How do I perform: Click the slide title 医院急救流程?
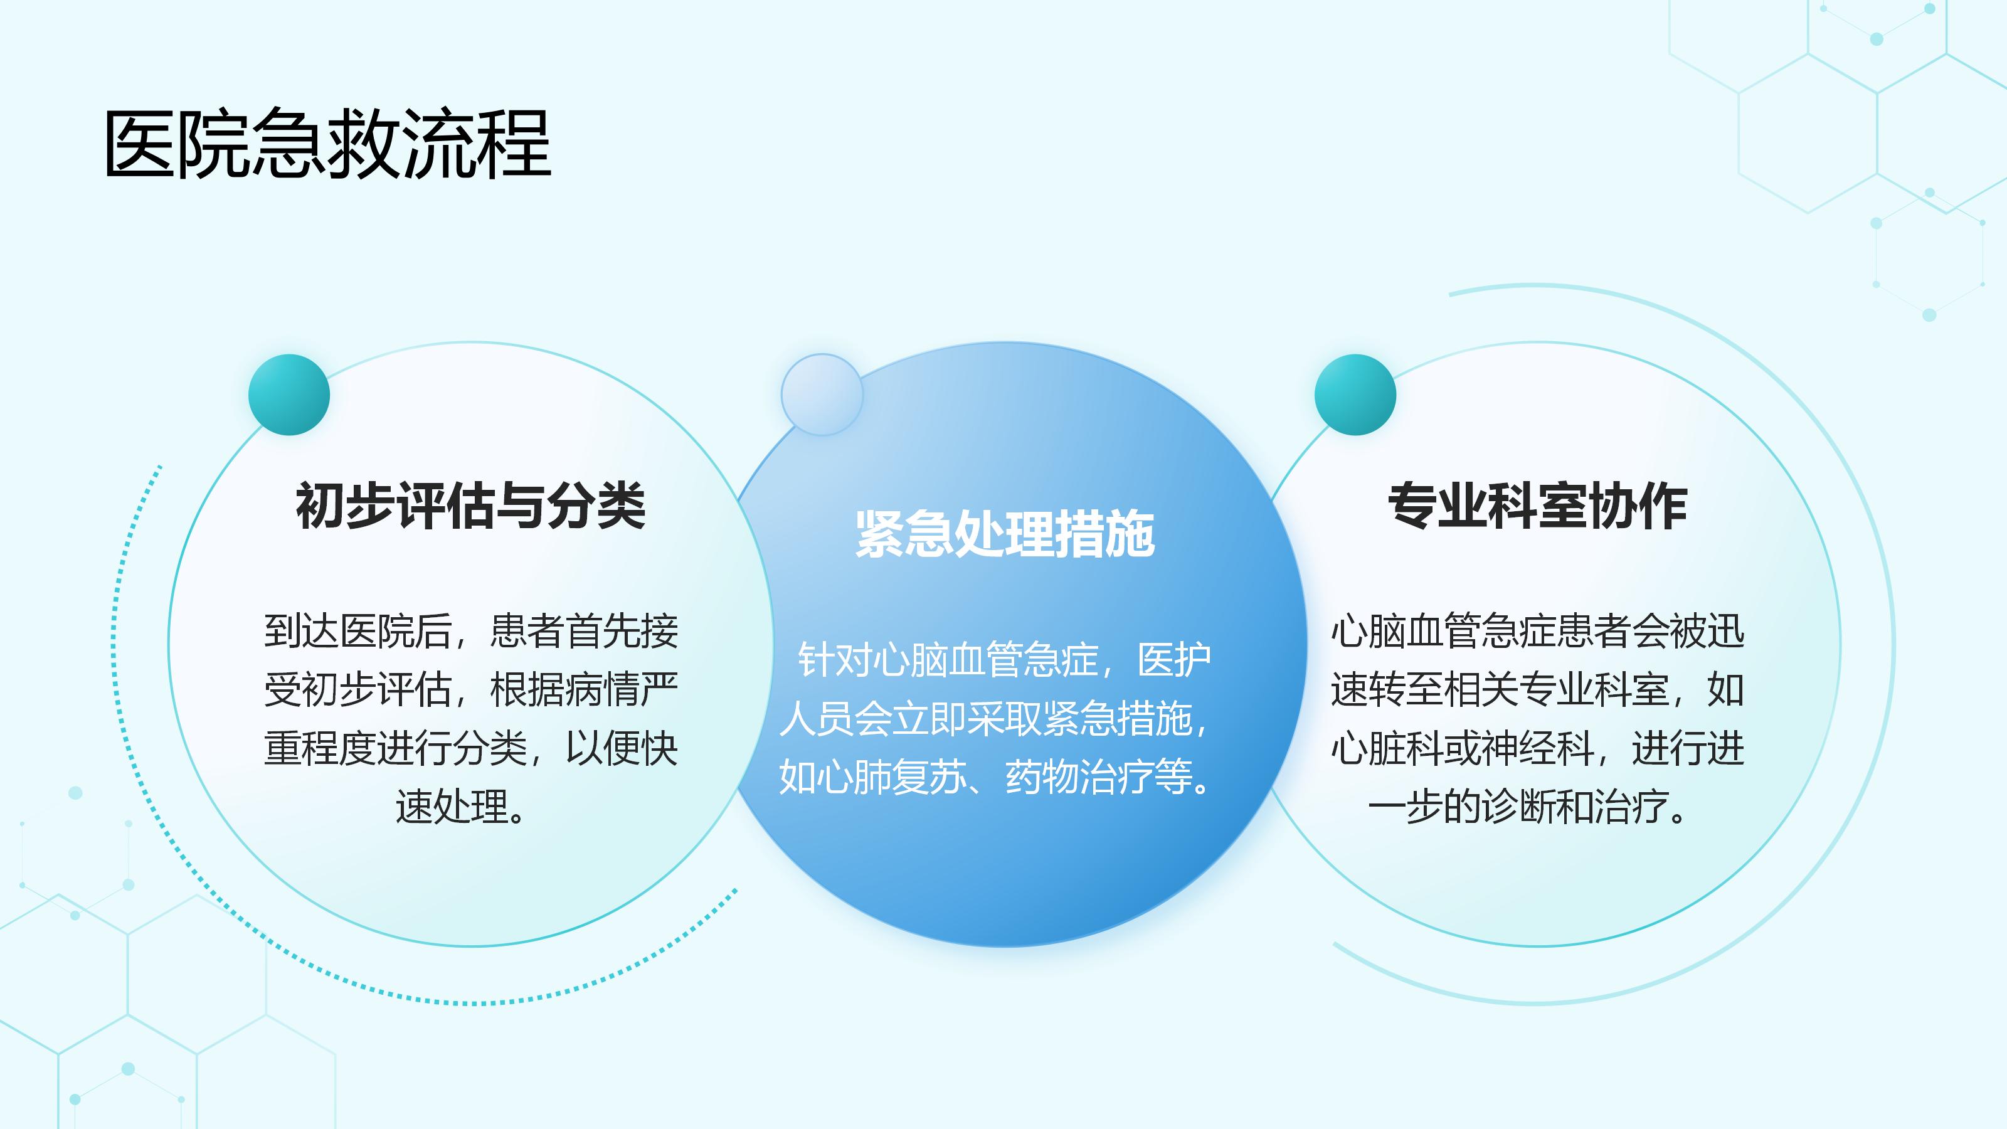click(327, 144)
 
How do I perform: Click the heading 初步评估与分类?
click(470, 506)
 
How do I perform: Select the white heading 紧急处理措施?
click(1005, 534)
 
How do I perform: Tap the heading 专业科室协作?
click(1538, 506)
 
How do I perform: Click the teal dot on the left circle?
click(289, 395)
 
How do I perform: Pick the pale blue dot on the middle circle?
click(822, 395)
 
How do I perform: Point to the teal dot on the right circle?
click(1355, 395)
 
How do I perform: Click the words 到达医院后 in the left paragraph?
click(357, 631)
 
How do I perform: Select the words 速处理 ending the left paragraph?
click(451, 807)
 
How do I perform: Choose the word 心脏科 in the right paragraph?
click(1386, 749)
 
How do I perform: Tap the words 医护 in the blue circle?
click(1174, 660)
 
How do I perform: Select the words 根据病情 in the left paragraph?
click(565, 689)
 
